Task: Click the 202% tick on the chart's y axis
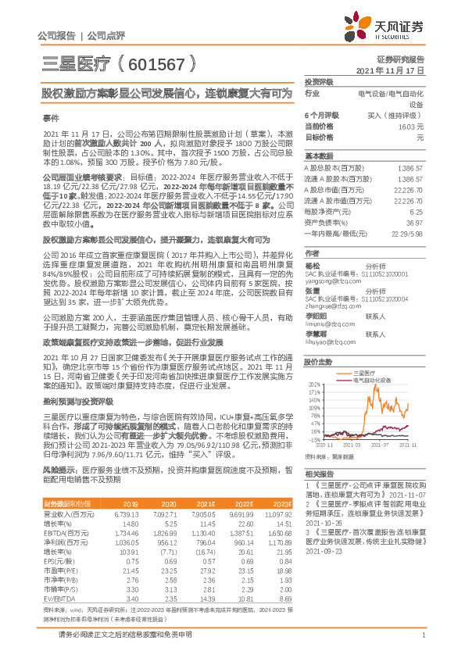[x=316, y=385]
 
